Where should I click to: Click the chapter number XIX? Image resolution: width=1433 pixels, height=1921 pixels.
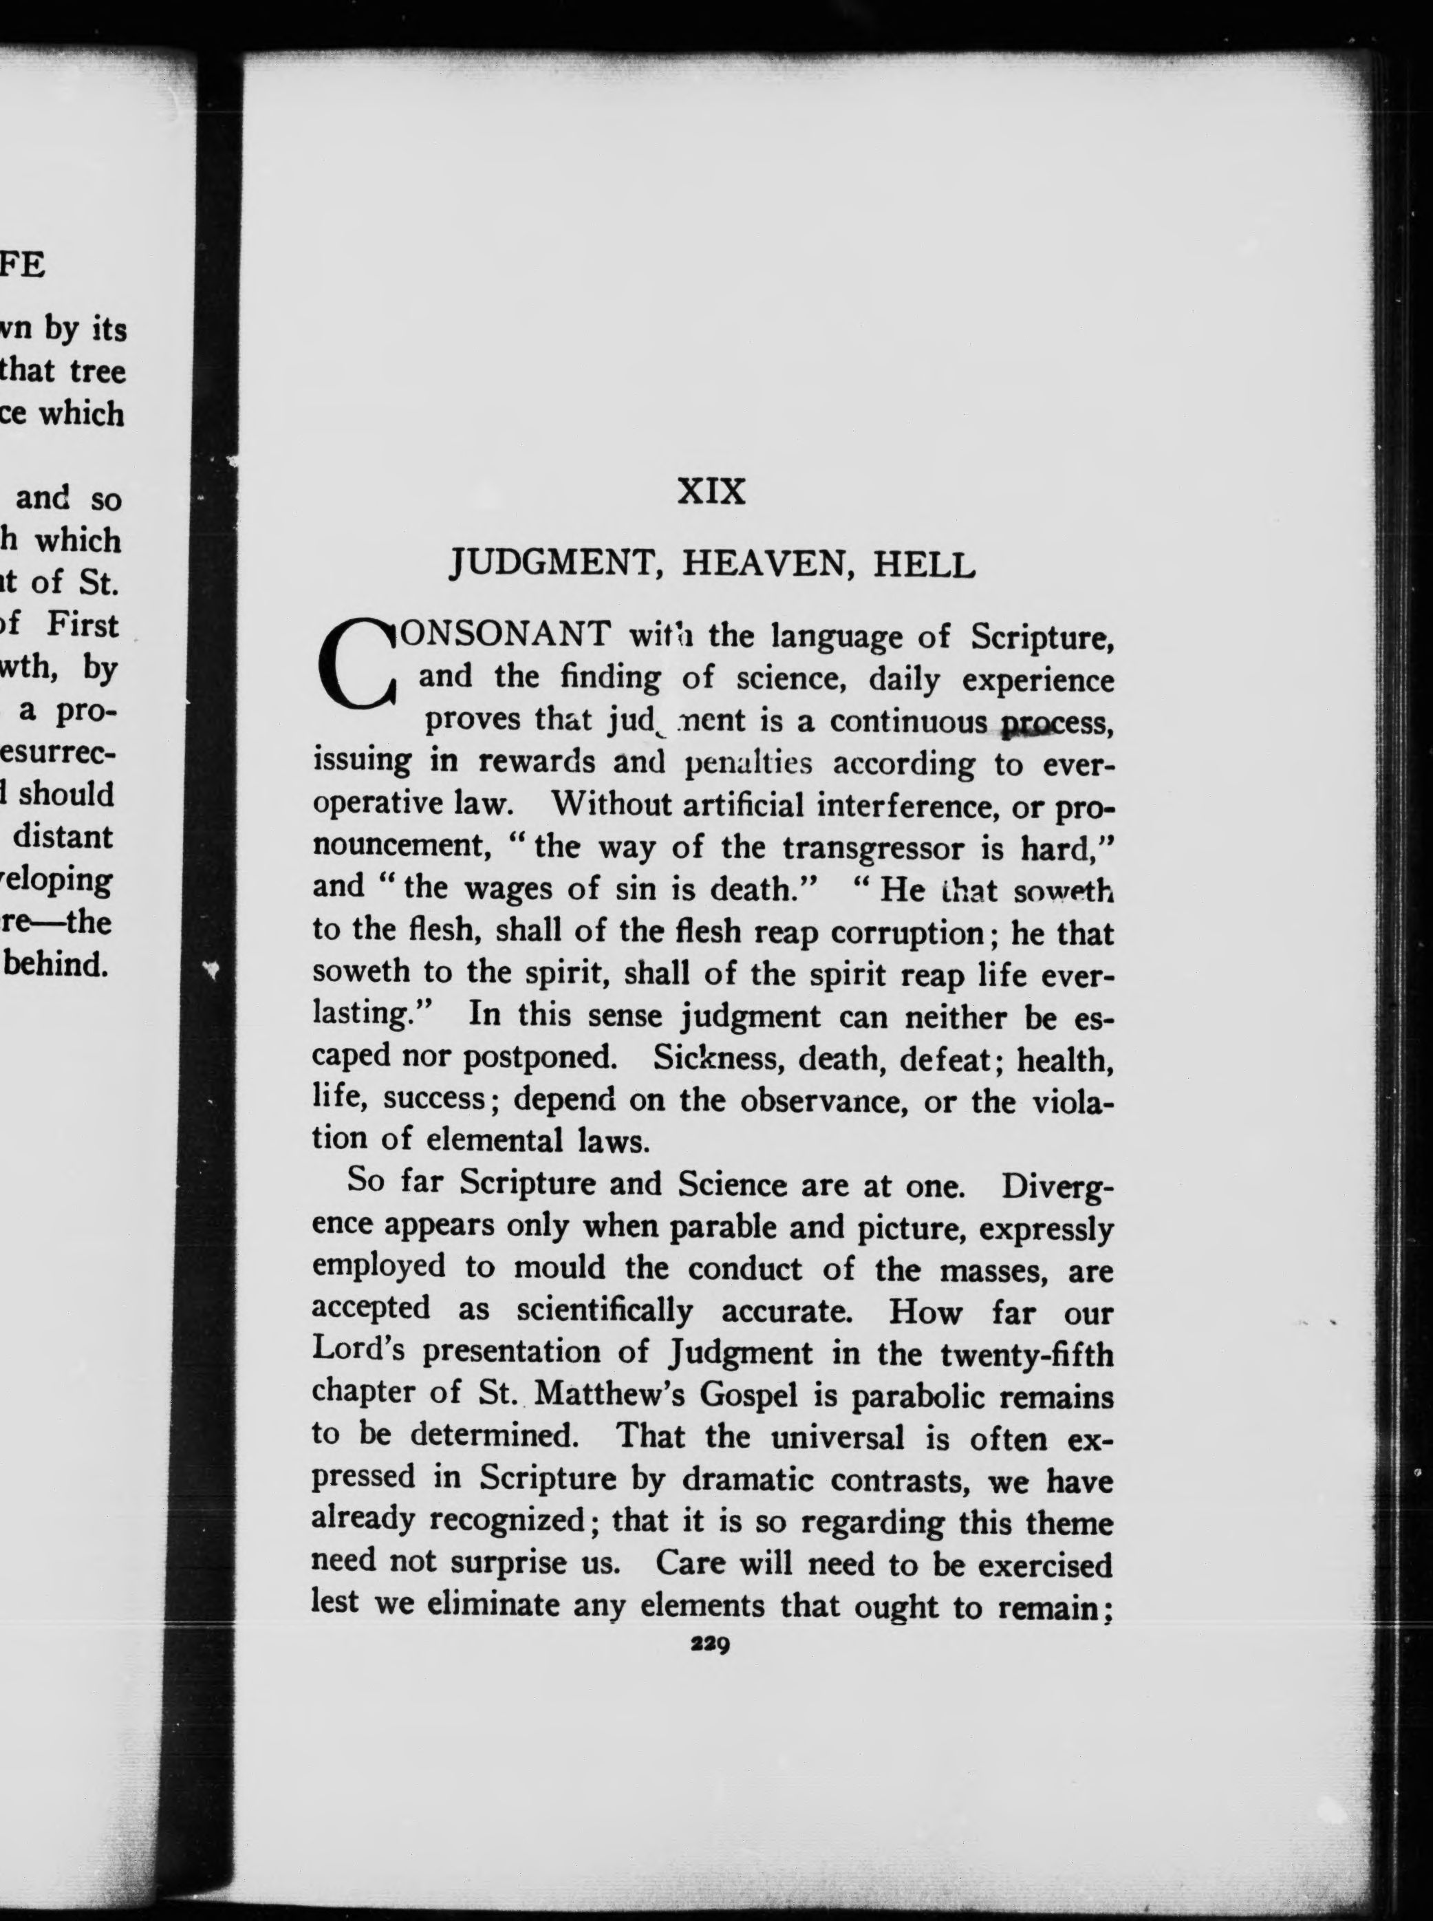[711, 492]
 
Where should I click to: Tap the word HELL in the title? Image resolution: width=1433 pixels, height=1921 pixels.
[924, 565]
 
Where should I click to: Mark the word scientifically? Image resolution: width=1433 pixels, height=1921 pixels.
[605, 1309]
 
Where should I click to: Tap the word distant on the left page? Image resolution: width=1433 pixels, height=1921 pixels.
[76, 837]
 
